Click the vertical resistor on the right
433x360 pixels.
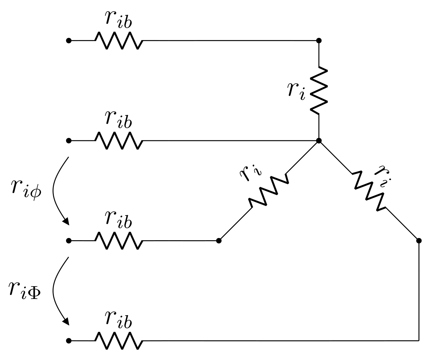(319, 91)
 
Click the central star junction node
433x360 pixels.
(319, 141)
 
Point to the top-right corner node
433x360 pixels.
(319, 41)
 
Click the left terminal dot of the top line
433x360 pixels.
(68, 41)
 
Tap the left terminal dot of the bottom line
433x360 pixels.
(68, 341)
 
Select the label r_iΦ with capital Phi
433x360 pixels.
(24, 290)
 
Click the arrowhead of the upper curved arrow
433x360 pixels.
(66, 222)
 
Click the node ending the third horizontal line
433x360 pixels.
(219, 241)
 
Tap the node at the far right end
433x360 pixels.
(419, 241)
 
